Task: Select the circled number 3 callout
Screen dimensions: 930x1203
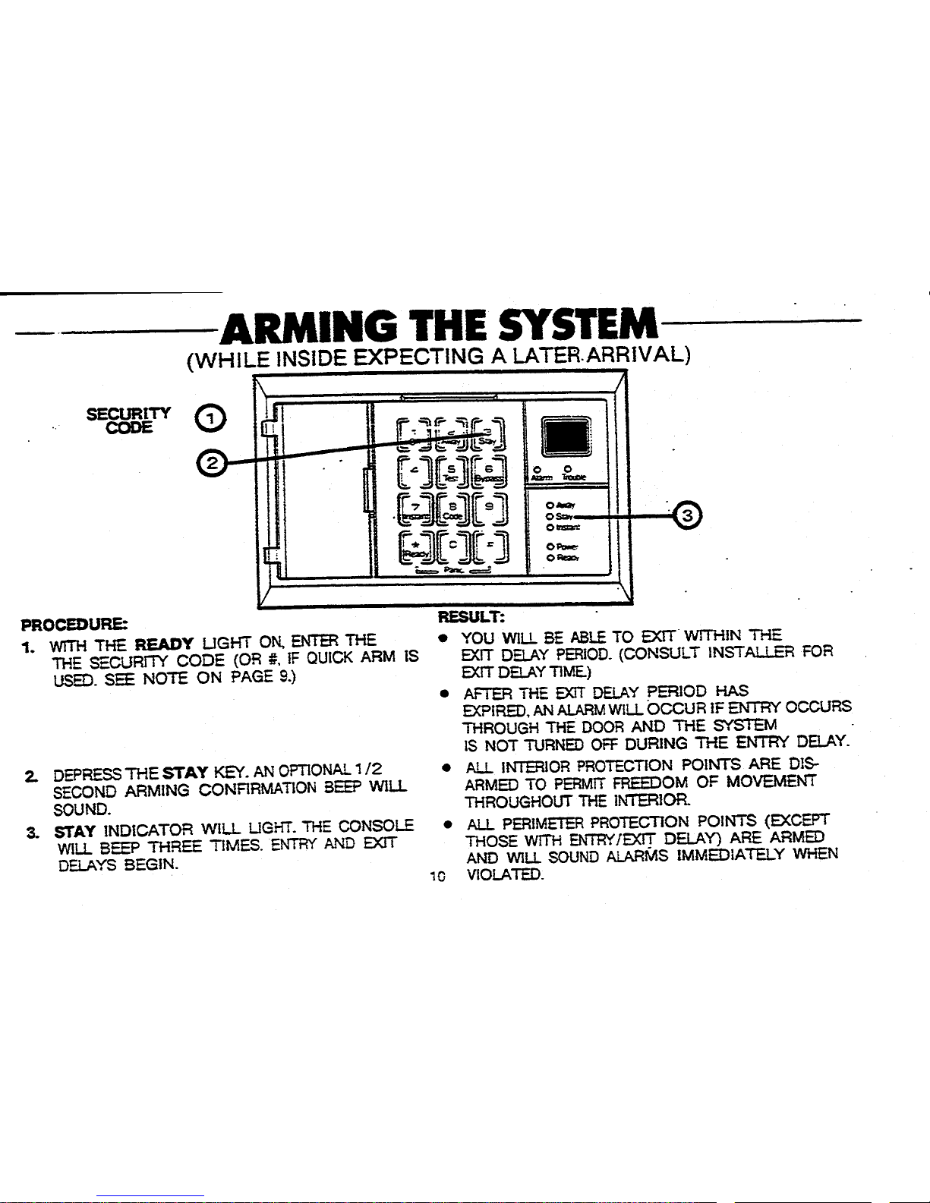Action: (688, 516)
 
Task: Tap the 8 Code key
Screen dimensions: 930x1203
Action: (452, 506)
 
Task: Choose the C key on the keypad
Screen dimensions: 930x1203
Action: (452, 544)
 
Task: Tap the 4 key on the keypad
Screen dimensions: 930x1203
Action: (415, 471)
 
